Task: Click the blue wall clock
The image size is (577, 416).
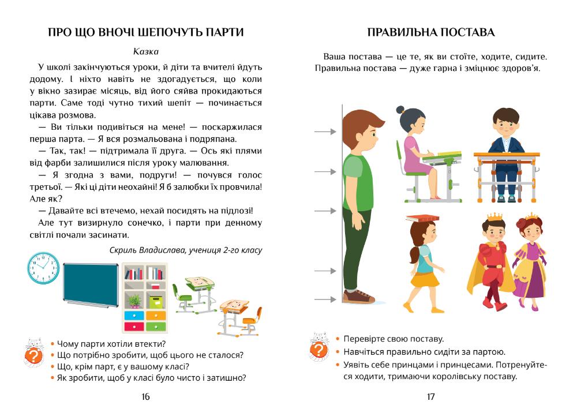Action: [44, 269]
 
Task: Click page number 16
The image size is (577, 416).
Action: [145, 396]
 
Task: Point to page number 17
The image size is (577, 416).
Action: [430, 396]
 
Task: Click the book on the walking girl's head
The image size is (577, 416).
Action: [419, 218]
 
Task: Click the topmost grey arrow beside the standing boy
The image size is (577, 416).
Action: [325, 132]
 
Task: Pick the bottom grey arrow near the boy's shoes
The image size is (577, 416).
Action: [325, 299]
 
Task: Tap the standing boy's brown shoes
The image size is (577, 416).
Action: [359, 297]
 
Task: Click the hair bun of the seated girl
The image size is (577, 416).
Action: [400, 110]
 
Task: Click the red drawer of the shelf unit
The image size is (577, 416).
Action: [134, 327]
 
